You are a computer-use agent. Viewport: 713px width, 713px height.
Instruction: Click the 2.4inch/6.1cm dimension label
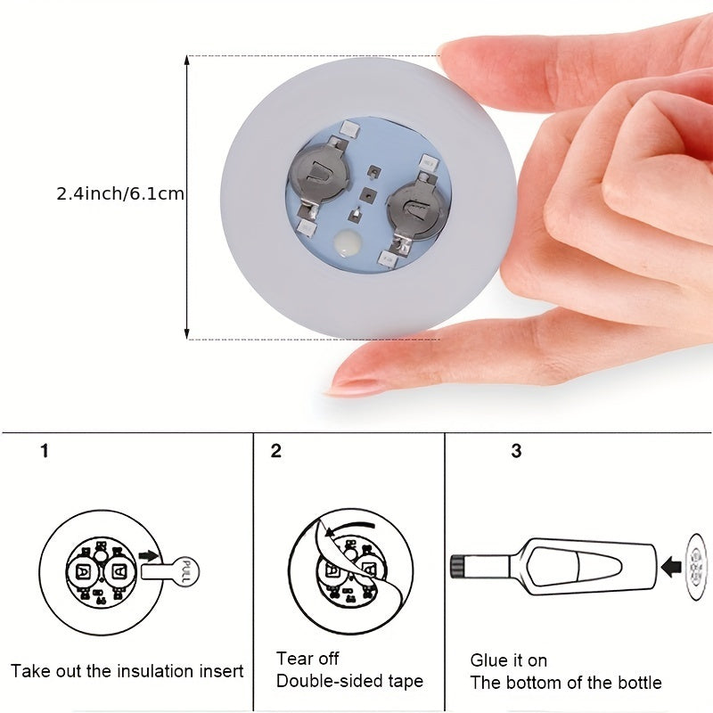click(x=120, y=193)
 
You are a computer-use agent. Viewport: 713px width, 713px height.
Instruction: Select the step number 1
click(x=44, y=451)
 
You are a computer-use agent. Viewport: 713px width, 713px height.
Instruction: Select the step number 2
click(x=276, y=451)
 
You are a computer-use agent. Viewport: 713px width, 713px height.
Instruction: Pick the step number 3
click(x=516, y=451)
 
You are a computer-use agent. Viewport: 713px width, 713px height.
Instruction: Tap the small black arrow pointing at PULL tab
click(x=149, y=555)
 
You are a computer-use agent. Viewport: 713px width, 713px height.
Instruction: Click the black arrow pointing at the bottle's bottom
click(x=671, y=567)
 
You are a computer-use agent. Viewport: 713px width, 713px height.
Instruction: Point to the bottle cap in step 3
click(x=458, y=567)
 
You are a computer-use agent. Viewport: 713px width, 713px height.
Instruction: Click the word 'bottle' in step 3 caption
click(x=639, y=683)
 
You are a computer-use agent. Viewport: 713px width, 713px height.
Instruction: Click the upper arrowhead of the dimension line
click(x=186, y=61)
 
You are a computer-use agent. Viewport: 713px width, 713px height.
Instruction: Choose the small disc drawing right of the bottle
click(x=697, y=567)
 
